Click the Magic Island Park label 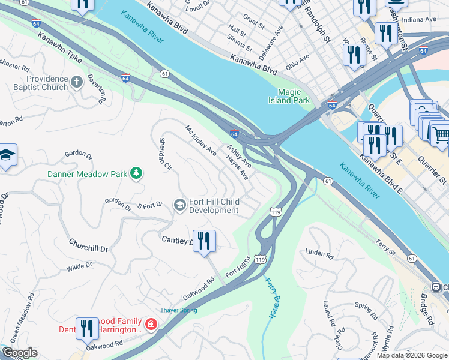tap(289, 96)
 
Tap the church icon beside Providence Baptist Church tap(77, 82)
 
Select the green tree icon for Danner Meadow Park tap(137, 174)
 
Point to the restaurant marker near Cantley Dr tap(204, 241)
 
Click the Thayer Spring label tap(178, 310)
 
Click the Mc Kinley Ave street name tap(200, 140)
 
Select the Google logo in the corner tap(19, 353)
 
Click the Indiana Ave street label tap(421, 19)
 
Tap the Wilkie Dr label tap(80, 265)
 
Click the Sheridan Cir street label tap(165, 154)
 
